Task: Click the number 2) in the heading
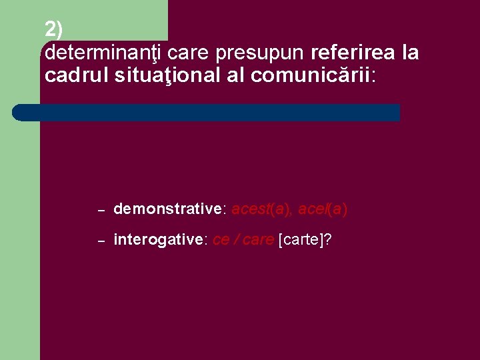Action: [x=54, y=29]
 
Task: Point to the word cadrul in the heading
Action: [x=70, y=75]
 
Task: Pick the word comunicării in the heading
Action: [x=313, y=75]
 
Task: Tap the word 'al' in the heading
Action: [x=235, y=75]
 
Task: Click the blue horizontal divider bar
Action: [x=207, y=112]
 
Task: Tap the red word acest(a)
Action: [x=261, y=209]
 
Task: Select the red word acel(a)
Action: [x=323, y=209]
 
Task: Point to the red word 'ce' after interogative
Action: [x=220, y=240]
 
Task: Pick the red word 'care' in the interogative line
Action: [x=258, y=240]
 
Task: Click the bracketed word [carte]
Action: [x=301, y=240]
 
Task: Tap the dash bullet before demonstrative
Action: [x=101, y=210]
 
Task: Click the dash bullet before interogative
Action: [x=101, y=241]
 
